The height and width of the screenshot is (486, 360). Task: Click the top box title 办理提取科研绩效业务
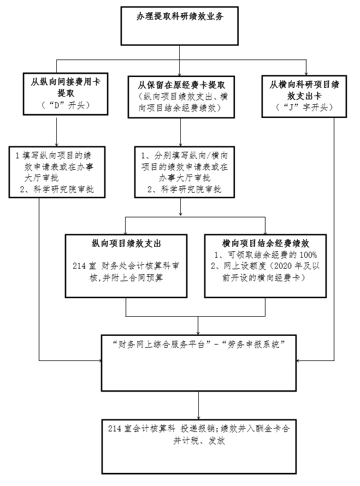pyautogui.click(x=180, y=16)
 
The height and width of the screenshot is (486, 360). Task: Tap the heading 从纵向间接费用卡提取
pyautogui.click(x=66, y=87)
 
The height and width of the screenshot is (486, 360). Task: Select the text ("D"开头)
pyautogui.click(x=66, y=105)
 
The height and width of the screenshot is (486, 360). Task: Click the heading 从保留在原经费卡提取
pyautogui.click(x=181, y=85)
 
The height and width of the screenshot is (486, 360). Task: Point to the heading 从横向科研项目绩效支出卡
pyautogui.click(x=304, y=90)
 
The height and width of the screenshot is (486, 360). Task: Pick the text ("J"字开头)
pyautogui.click(x=304, y=108)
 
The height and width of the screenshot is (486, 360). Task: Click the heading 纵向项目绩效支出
pyautogui.click(x=126, y=244)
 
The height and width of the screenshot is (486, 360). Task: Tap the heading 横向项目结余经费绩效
pyautogui.click(x=265, y=244)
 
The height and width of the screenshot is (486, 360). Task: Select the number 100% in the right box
pyautogui.click(x=308, y=255)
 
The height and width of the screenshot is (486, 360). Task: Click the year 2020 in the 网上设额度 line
pyautogui.click(x=283, y=266)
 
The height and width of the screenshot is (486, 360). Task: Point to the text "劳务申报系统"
pyautogui.click(x=253, y=345)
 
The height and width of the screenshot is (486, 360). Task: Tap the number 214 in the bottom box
pyautogui.click(x=115, y=429)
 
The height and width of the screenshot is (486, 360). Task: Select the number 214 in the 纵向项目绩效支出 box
pyautogui.click(x=79, y=266)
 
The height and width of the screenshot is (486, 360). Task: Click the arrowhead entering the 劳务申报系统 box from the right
pyautogui.click(x=298, y=360)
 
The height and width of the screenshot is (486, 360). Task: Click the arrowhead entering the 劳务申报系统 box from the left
pyautogui.click(x=100, y=360)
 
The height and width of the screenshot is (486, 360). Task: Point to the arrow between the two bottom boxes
pyautogui.click(x=198, y=405)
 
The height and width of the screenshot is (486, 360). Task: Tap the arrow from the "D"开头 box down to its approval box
pyautogui.click(x=56, y=131)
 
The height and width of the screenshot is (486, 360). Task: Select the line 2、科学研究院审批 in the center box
pyautogui.click(x=184, y=189)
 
